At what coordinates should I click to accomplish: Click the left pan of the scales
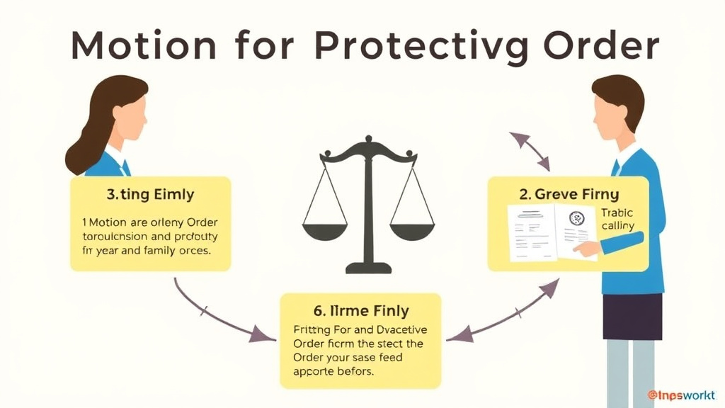click(324, 230)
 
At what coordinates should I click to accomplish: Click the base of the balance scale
click(367, 268)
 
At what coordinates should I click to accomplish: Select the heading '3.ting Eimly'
click(149, 193)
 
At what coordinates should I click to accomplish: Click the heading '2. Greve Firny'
click(569, 193)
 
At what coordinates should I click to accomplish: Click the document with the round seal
click(575, 228)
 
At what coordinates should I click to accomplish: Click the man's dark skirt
click(632, 316)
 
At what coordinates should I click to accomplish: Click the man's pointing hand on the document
click(588, 248)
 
